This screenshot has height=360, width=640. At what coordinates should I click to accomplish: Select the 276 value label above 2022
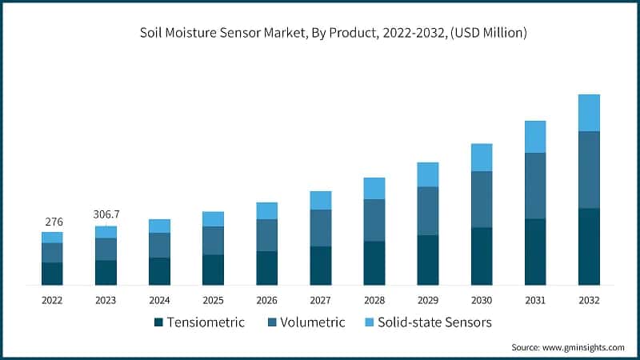[x=52, y=221]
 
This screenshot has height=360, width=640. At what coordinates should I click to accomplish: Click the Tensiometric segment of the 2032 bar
[x=589, y=246]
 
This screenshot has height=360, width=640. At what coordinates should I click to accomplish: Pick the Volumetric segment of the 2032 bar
[x=589, y=170]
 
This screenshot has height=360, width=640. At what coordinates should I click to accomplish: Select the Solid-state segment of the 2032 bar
[x=589, y=113]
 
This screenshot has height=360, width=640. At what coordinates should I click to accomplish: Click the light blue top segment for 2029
[x=428, y=174]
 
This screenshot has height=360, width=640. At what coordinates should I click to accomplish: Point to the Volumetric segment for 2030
[x=482, y=199]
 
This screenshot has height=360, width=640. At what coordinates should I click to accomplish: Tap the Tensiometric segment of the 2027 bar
[x=321, y=266]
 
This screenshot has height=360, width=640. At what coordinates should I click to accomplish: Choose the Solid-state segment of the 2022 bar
[x=52, y=238]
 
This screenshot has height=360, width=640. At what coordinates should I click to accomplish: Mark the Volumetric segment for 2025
[x=213, y=241]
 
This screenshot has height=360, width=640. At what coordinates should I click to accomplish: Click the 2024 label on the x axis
[x=159, y=300]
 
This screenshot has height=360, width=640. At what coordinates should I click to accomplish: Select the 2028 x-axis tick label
[x=374, y=300]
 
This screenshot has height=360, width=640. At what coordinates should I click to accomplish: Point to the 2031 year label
[x=535, y=300]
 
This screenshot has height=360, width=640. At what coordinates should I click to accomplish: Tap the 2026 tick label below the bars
[x=266, y=300]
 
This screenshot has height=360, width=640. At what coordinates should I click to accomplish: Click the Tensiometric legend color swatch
[x=158, y=322]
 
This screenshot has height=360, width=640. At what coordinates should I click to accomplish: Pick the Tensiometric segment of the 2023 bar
[x=106, y=273]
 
